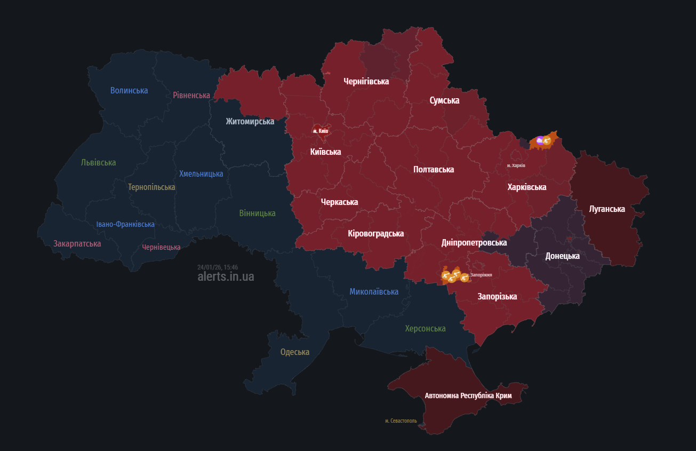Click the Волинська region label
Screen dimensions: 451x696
[x=129, y=90]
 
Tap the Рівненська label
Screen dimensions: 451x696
[x=191, y=95]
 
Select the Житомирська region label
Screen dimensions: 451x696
[x=250, y=121]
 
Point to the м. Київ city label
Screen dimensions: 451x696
[x=321, y=131]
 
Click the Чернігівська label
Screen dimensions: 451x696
[x=366, y=81]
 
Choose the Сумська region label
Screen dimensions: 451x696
[x=444, y=100]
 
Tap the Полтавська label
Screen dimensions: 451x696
[x=434, y=169]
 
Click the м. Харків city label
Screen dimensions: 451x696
[x=516, y=165]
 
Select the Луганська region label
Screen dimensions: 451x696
[x=607, y=209]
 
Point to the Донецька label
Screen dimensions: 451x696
[x=562, y=256]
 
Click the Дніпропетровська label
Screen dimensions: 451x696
[x=474, y=242]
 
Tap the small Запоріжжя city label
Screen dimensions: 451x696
[x=481, y=275]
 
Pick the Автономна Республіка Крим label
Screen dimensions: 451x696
[x=468, y=395]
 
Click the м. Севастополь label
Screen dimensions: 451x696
[x=401, y=421]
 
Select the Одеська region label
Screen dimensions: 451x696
[x=295, y=352]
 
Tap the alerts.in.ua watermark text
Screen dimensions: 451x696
[x=226, y=276]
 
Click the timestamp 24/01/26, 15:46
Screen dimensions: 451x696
[x=218, y=267]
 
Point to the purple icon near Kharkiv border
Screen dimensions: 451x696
[x=540, y=140]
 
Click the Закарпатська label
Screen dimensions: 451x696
[x=77, y=243]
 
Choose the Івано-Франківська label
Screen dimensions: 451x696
[x=125, y=224]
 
